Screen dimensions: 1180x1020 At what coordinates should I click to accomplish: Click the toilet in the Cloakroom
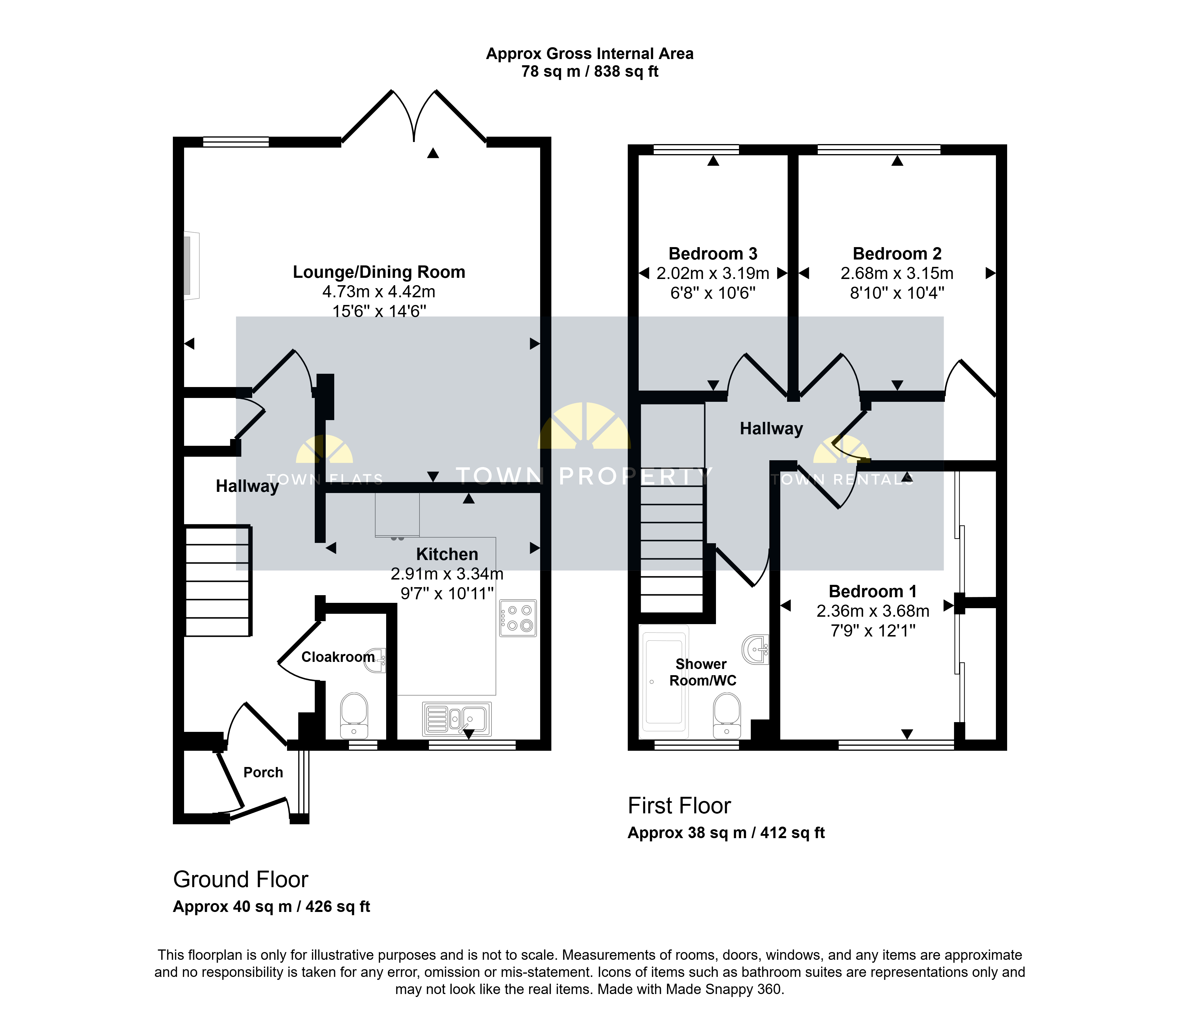click(354, 716)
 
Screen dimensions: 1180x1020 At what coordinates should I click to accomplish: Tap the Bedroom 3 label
click(713, 254)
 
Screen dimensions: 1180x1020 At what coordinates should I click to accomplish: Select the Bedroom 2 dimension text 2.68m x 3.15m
click(897, 273)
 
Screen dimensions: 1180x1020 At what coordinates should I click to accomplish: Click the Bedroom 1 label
click(873, 592)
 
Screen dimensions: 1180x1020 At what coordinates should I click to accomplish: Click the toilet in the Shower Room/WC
click(727, 716)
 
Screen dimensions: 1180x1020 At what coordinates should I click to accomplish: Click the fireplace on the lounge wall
click(191, 265)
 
